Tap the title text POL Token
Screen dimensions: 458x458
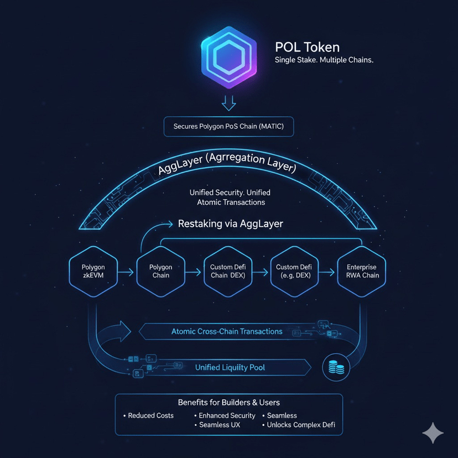pyautogui.click(x=307, y=48)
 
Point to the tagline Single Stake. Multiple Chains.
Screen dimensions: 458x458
pyautogui.click(x=324, y=60)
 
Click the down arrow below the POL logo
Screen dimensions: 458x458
pyautogui.click(x=228, y=102)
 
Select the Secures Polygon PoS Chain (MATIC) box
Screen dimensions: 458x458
pyautogui.click(x=228, y=127)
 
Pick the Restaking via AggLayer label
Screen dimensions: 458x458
pyautogui.click(x=230, y=224)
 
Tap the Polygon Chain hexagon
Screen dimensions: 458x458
pyautogui.click(x=161, y=271)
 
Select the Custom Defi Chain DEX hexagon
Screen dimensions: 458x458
pyautogui.click(x=227, y=271)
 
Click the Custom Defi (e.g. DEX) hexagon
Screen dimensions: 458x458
pyautogui.click(x=295, y=271)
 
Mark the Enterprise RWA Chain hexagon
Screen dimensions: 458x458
pyautogui.click(x=362, y=271)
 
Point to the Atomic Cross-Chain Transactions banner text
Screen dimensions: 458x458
pyautogui.click(x=227, y=331)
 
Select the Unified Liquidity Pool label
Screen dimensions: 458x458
pyautogui.click(x=230, y=367)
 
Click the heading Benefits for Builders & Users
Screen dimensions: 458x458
pyautogui.click(x=228, y=402)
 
